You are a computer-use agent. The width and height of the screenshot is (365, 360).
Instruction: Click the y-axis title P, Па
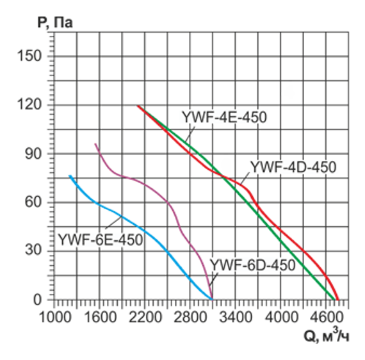pyautogui.click(x=54, y=23)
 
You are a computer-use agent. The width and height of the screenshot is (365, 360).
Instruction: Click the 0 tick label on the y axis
pyautogui.click(x=40, y=300)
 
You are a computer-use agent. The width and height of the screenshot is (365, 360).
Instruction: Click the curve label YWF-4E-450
pyautogui.click(x=223, y=118)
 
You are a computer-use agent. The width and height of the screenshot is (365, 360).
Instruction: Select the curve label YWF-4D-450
pyautogui.click(x=293, y=167)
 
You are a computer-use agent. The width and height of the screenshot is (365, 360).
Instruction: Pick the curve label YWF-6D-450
pyautogui.click(x=252, y=265)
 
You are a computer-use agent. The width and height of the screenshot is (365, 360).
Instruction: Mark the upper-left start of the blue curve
pyautogui.click(x=70, y=176)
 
